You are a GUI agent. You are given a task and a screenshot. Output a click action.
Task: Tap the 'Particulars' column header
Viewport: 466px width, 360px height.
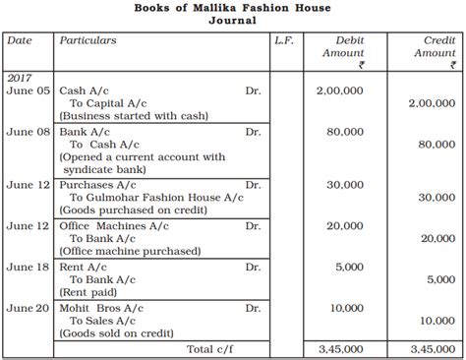(x=87, y=41)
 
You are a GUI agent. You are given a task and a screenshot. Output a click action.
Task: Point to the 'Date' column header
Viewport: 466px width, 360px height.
(x=19, y=41)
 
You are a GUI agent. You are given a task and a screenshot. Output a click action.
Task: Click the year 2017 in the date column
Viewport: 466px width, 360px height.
(x=20, y=76)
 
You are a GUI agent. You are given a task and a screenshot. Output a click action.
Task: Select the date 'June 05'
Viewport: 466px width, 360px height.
(x=28, y=90)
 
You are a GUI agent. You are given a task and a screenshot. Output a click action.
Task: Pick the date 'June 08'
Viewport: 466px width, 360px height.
(x=28, y=131)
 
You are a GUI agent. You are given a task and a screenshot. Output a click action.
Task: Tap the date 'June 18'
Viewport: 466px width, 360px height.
(x=28, y=267)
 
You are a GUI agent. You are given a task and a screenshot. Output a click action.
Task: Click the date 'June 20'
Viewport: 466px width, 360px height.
(x=28, y=308)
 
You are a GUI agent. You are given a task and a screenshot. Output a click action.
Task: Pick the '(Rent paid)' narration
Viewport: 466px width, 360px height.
(x=89, y=292)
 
